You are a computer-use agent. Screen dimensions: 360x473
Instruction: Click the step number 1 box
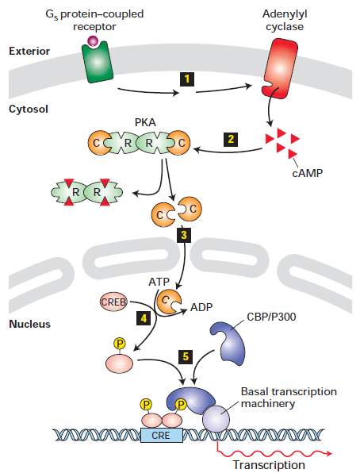click(187, 79)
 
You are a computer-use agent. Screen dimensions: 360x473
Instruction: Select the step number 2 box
click(231, 140)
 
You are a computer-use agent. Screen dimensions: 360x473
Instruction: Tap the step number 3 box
click(184, 235)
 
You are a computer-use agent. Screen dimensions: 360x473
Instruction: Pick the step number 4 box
click(144, 318)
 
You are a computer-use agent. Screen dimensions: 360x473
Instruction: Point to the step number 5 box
click(186, 356)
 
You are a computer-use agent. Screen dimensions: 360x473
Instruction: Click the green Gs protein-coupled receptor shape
click(97, 62)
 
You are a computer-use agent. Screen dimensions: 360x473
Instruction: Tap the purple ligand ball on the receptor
click(92, 40)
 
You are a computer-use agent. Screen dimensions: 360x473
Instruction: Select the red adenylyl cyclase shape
click(280, 67)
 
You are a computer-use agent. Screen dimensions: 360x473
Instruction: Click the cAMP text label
click(307, 173)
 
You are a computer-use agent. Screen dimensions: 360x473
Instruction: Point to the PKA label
click(145, 122)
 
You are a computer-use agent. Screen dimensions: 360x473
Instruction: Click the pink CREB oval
click(113, 302)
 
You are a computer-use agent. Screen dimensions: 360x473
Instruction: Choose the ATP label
click(159, 282)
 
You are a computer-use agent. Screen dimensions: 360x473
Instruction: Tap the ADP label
click(201, 307)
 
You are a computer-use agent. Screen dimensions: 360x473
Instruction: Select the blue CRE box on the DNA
click(162, 435)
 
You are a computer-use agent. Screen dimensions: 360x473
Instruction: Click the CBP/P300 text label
click(271, 317)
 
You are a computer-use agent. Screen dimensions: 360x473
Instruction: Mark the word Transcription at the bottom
click(269, 465)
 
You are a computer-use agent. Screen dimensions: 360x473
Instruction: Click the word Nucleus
click(29, 324)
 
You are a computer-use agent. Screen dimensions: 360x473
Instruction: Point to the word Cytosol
click(29, 109)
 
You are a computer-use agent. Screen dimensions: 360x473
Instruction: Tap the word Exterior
click(29, 51)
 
